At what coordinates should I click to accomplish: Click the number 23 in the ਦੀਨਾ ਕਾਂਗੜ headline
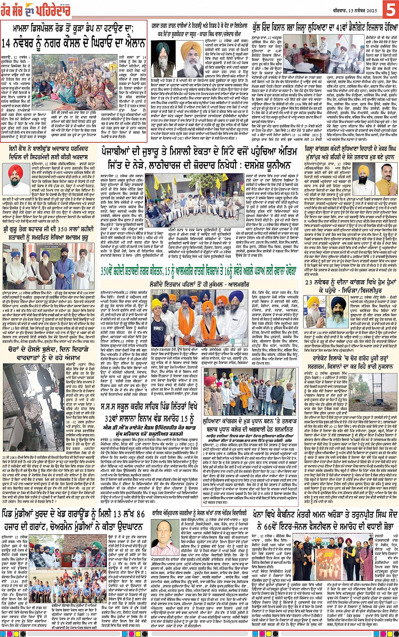(x=309, y=282)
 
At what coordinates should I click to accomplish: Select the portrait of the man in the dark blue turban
(x=338, y=310)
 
